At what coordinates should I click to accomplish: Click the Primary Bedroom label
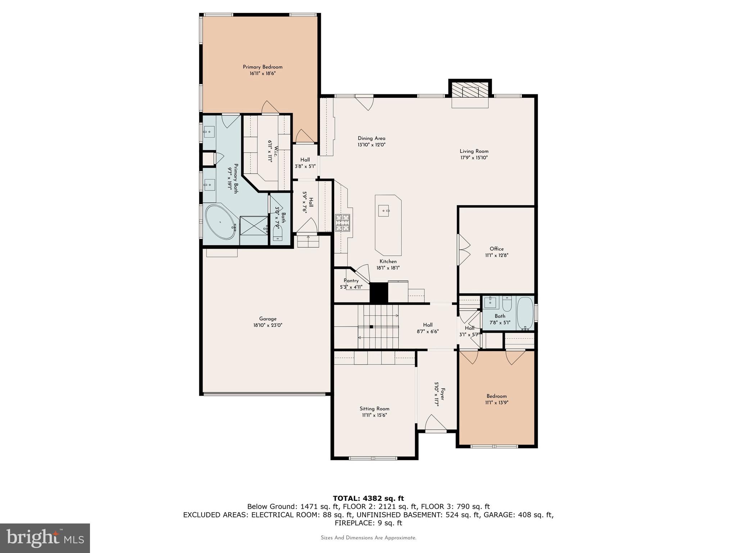click(262, 67)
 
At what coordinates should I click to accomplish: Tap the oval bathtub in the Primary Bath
click(220, 222)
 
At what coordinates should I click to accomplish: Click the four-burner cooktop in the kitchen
click(342, 222)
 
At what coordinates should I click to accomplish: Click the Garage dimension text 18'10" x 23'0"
click(267, 325)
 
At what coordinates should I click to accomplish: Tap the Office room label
click(497, 249)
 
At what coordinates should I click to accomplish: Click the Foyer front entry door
click(436, 423)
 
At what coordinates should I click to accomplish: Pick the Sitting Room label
click(374, 409)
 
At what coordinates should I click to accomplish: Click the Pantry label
click(351, 281)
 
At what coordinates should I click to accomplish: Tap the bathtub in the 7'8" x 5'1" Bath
click(525, 313)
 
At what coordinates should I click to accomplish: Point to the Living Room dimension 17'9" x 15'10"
click(474, 158)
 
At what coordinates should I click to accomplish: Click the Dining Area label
click(371, 138)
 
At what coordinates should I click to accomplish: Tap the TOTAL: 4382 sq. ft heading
click(368, 498)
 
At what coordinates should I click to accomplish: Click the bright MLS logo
click(45, 538)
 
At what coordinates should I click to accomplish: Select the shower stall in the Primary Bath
click(254, 226)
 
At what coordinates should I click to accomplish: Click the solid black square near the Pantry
click(379, 292)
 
